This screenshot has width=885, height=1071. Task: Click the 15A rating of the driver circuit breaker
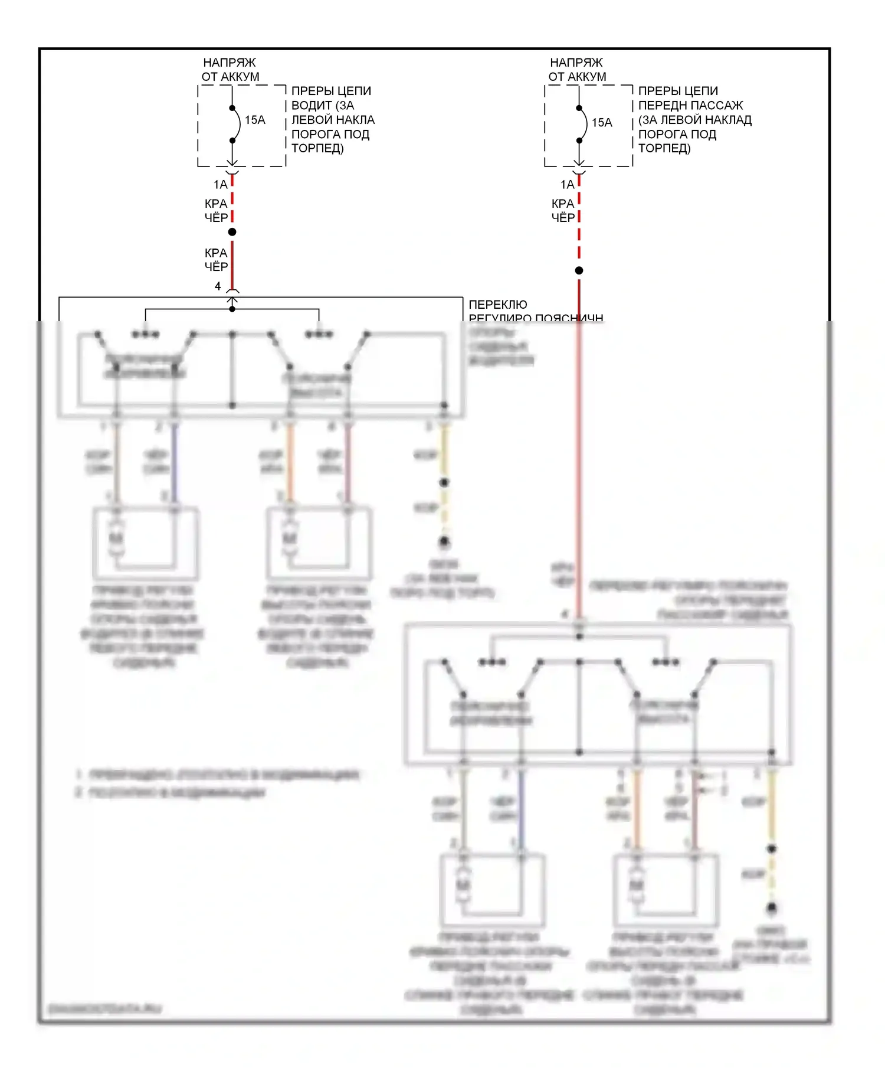click(255, 120)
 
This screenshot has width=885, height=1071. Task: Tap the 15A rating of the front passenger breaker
click(602, 122)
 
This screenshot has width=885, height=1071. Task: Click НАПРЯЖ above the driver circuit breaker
click(230, 63)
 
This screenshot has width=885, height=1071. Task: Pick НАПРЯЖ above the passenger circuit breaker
click(576, 63)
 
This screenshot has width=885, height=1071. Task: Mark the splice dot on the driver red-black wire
click(232, 232)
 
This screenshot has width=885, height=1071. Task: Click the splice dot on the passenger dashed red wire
click(579, 270)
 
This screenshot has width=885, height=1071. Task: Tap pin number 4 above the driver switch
click(218, 286)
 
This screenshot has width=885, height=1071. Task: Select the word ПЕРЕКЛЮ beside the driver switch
click(498, 305)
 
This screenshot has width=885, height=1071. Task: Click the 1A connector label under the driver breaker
click(220, 185)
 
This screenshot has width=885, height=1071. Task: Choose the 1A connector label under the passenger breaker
click(567, 185)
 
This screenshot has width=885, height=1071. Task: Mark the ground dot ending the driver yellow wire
click(444, 541)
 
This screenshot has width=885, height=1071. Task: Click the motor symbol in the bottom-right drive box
click(637, 885)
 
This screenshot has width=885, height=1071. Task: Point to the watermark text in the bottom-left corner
click(104, 1009)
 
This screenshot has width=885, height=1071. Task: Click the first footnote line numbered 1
click(218, 775)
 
